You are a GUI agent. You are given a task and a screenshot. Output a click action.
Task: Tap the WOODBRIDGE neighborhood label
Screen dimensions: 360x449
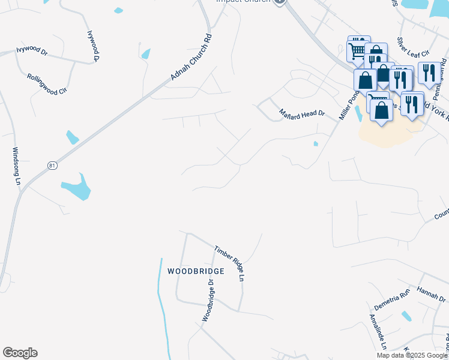tap(196, 271)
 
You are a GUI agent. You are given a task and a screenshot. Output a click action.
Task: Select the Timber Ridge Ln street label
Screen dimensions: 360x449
tap(231, 263)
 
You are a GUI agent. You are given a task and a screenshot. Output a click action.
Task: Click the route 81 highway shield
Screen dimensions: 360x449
tap(52, 165)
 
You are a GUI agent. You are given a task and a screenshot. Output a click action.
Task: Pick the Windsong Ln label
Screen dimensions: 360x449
tap(17, 166)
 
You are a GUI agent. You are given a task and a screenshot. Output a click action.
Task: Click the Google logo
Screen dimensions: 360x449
tap(20, 353)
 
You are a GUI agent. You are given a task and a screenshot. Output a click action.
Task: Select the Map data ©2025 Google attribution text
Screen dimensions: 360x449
tap(412, 355)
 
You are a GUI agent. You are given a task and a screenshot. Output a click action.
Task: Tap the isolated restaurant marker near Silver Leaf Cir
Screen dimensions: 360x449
tap(428, 73)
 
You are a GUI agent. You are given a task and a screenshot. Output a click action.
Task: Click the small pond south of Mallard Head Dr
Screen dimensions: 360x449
tap(315, 143)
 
